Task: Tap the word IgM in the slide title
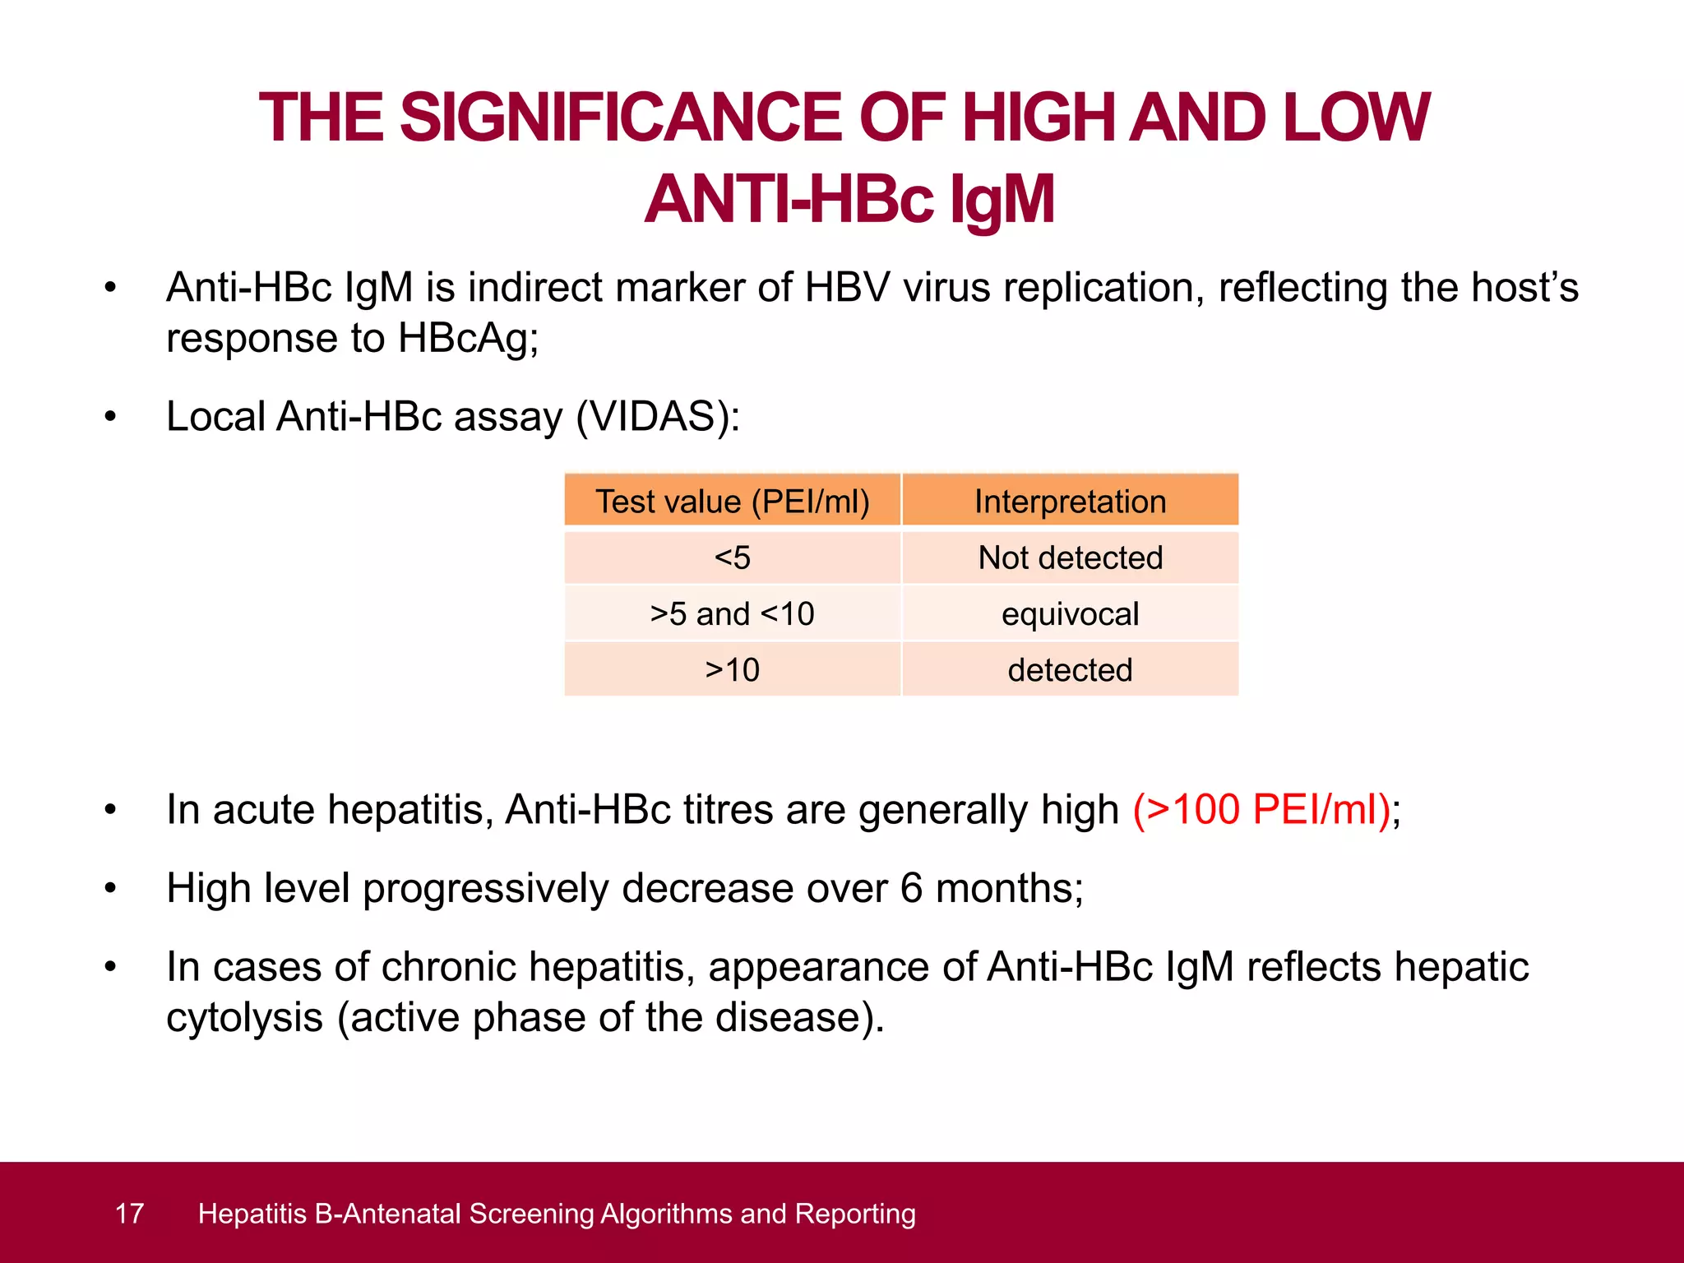(1002, 200)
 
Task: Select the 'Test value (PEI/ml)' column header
(732, 502)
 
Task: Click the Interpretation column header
(1070, 502)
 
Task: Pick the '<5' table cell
(732, 558)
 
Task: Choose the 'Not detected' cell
(1070, 558)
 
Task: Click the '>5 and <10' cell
(732, 614)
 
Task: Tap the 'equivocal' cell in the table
(1070, 614)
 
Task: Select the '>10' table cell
(732, 670)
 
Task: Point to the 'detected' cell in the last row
(1070, 670)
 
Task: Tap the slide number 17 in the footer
(129, 1214)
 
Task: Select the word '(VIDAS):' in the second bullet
(658, 417)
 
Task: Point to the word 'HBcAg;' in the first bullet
(468, 339)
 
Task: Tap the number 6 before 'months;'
(911, 889)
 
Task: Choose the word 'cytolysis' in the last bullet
(244, 1018)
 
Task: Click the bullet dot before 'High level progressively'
(110, 889)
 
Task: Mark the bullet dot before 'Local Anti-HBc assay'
(110, 417)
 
